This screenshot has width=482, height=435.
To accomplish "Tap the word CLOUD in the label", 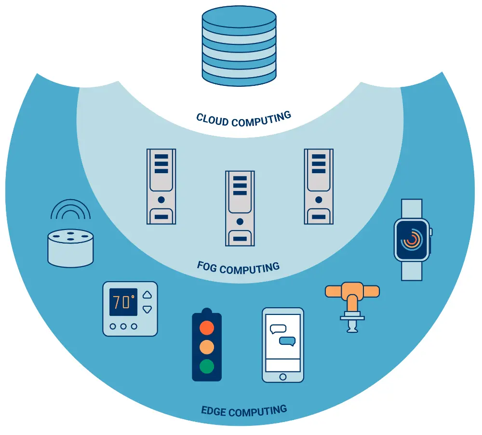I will tap(213, 119).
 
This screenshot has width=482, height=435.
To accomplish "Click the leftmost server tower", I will tap(161, 186).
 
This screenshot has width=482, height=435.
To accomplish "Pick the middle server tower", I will tap(240, 208).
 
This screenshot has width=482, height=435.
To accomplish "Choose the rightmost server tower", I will tap(318, 186).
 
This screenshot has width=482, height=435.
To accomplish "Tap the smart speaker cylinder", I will tap(70, 247).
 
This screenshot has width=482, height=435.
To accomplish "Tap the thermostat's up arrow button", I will tap(147, 295).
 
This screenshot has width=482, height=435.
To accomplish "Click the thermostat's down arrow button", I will tap(147, 309).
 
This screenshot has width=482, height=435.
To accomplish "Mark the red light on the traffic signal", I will tap(206, 328).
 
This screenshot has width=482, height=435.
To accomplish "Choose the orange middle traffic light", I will tap(206, 347).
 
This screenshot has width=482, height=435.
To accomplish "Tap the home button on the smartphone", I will tap(282, 376).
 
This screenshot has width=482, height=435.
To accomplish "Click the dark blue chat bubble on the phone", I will tap(288, 341).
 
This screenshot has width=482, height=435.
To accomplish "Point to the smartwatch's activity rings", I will tap(412, 239).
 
